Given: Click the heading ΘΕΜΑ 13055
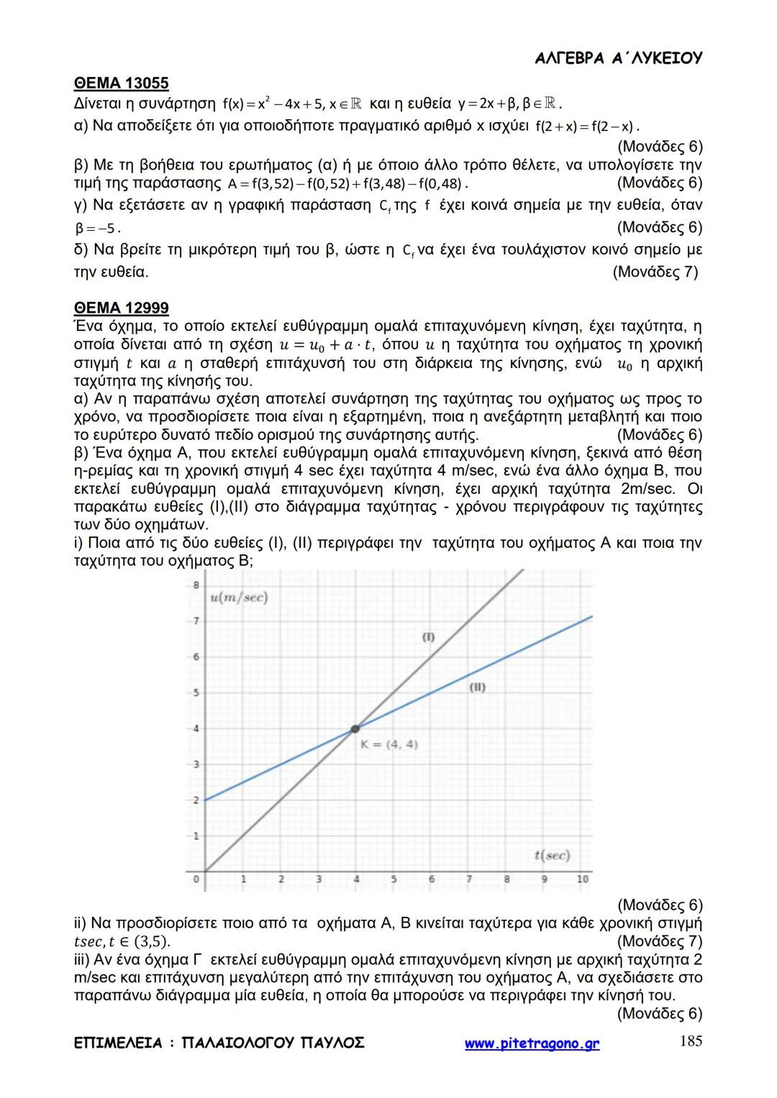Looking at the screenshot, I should point(121,83).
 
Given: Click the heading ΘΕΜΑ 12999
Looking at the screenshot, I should point(121,308).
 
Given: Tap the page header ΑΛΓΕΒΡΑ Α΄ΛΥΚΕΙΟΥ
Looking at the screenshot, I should point(619,59).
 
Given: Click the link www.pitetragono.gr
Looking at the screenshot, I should point(532,1044).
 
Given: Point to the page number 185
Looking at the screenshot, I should point(691,1042).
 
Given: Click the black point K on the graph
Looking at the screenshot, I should point(355,728).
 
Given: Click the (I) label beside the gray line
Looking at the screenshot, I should point(429,636).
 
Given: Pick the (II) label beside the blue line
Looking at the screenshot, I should point(477,687).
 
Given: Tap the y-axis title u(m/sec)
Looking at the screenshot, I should point(239,598).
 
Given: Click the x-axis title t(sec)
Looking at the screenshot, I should point(552,855).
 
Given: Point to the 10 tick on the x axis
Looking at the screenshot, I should point(583,879).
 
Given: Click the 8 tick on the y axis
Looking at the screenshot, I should point(195,585).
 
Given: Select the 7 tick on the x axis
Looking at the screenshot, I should point(469,879).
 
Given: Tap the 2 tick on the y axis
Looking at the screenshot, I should point(195,800).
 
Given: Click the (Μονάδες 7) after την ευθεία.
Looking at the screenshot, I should point(655,273).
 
